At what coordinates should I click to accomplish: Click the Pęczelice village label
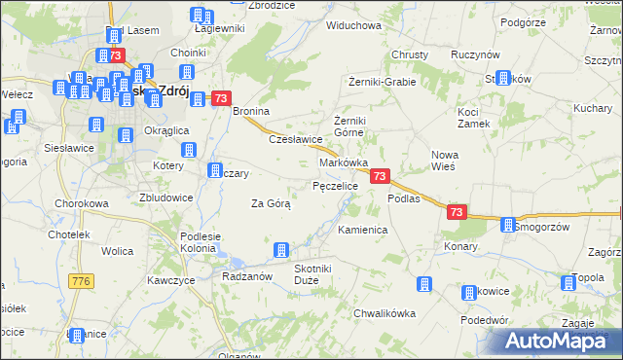point(335,184)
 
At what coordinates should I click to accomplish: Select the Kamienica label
point(363,230)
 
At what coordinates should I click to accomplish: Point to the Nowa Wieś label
point(444,161)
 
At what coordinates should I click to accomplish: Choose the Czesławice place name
point(295,139)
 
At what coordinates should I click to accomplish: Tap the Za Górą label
point(271,203)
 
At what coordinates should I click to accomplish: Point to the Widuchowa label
point(353,25)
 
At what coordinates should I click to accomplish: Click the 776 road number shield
point(81,281)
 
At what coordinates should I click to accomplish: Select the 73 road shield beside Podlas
point(458,211)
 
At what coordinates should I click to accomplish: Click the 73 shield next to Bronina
point(220,98)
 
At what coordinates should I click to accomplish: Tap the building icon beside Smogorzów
point(507,226)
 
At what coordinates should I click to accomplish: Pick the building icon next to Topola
point(568,283)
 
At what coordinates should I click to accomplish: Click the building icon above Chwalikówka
point(423,284)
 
